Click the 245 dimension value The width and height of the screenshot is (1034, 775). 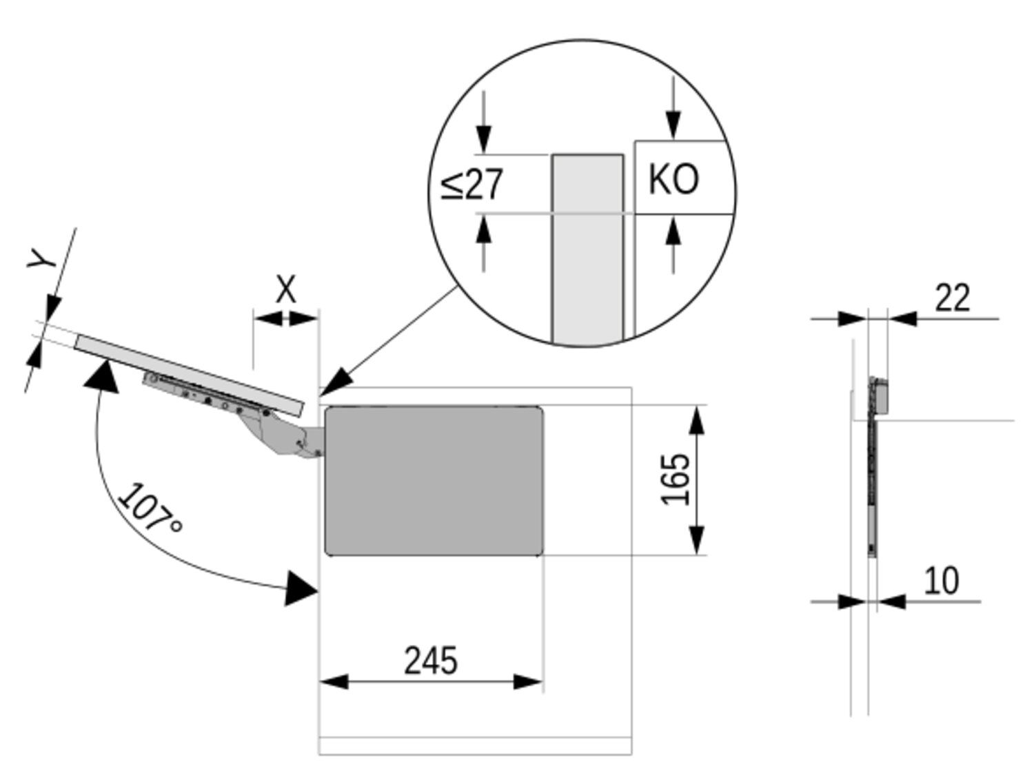click(x=430, y=660)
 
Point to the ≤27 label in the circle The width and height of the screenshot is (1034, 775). click(x=473, y=184)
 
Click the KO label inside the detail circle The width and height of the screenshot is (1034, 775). click(x=673, y=179)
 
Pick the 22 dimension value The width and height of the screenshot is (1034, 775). click(x=952, y=298)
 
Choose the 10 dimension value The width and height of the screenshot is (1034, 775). click(x=940, y=581)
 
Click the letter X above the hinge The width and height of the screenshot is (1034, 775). click(x=285, y=290)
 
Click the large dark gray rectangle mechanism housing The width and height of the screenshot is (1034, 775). click(x=434, y=480)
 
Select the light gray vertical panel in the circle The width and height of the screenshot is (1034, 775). click(x=587, y=248)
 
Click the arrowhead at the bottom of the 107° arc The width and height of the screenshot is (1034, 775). click(x=301, y=588)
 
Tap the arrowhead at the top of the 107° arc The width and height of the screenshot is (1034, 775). click(x=101, y=375)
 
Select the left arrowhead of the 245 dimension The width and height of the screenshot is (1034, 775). click(x=334, y=682)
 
